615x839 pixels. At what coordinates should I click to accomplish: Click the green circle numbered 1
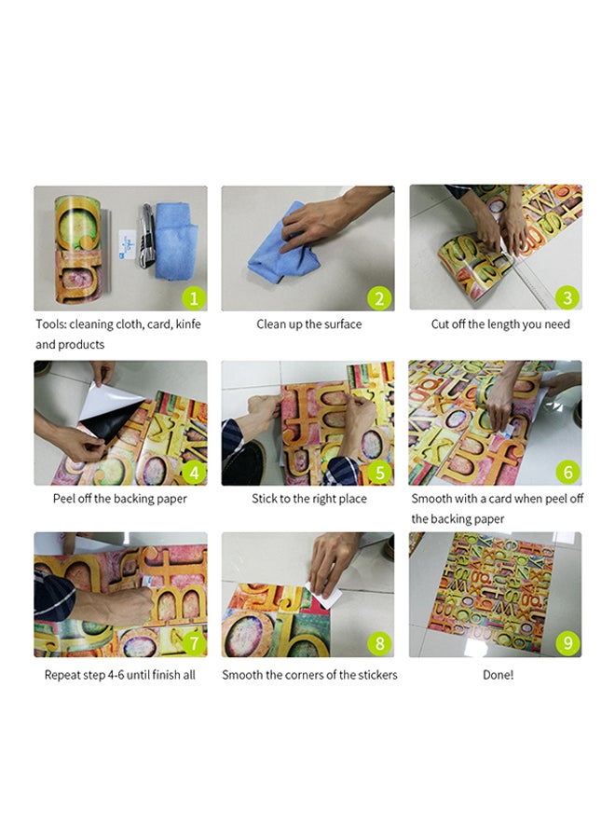(x=194, y=298)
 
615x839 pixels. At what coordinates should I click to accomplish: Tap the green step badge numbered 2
(x=379, y=298)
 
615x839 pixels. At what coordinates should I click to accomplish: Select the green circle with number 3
(x=567, y=297)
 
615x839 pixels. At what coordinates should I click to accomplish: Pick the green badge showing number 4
(x=194, y=473)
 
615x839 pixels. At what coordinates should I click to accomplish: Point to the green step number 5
(x=379, y=473)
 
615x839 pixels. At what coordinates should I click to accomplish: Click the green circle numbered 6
(x=567, y=472)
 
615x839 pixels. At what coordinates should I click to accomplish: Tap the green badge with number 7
(x=194, y=643)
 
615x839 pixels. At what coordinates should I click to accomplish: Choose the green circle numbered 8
(x=379, y=643)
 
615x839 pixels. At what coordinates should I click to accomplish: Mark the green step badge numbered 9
(x=567, y=643)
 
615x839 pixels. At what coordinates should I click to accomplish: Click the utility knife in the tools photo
(x=147, y=236)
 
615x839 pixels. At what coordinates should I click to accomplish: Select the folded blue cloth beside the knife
(x=175, y=241)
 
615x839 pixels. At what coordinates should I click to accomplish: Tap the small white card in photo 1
(x=128, y=245)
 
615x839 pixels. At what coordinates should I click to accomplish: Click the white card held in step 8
(x=324, y=596)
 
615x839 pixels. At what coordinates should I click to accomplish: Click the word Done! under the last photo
(x=498, y=675)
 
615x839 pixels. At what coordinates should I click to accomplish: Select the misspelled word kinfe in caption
(x=188, y=323)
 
